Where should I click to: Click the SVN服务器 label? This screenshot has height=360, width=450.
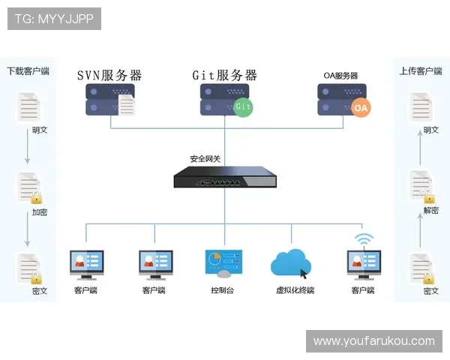tap(109, 75)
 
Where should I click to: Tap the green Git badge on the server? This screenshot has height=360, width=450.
tap(242, 106)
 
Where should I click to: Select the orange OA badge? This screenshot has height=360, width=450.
tap(361, 108)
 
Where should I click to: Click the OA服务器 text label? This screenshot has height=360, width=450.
tap(340, 76)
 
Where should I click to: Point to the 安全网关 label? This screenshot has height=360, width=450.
tap(205, 159)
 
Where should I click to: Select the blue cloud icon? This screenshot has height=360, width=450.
tap(291, 263)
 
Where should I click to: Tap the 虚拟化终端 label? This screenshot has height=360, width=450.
tap(295, 290)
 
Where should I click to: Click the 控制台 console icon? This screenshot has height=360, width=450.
tap(223, 264)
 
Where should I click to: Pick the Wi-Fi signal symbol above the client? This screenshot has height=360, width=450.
tap(364, 240)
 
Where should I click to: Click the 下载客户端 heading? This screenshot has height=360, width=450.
tap(28, 71)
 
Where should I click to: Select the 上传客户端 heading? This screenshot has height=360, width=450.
tap(421, 71)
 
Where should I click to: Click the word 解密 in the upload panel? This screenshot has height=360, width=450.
tap(430, 211)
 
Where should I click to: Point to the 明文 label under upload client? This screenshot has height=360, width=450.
tap(430, 130)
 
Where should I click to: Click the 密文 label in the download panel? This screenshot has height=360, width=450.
tap(40, 291)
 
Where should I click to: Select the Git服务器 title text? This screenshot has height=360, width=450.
tap(225, 75)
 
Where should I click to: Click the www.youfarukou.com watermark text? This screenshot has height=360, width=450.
tap(374, 341)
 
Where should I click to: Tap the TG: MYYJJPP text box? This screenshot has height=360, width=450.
tap(53, 19)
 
